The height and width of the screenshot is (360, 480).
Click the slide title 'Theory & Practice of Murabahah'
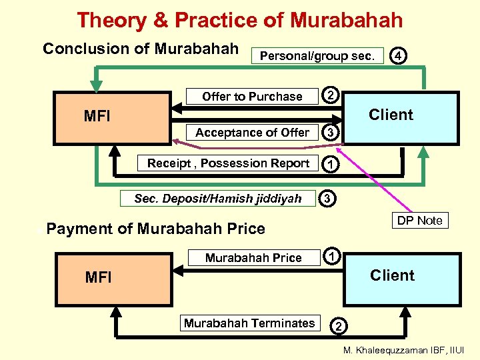(239, 20)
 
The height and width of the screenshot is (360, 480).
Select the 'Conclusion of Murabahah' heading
(140, 49)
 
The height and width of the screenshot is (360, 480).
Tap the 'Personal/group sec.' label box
(317, 56)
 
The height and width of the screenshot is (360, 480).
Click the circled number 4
(398, 56)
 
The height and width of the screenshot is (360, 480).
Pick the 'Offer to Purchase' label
(252, 97)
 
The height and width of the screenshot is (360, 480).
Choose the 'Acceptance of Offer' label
(252, 133)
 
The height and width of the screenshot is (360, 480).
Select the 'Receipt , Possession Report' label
(228, 163)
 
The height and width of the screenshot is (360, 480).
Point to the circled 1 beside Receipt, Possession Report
(329, 164)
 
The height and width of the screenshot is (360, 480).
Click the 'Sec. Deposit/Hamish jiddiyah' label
(217, 199)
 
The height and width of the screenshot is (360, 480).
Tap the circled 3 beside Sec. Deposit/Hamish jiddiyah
(327, 198)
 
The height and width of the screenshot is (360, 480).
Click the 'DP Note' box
(419, 221)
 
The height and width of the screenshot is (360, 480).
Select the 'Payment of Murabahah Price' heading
(156, 229)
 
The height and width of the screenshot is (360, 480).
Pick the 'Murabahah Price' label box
(253, 258)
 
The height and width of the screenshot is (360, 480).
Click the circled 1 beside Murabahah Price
(332, 255)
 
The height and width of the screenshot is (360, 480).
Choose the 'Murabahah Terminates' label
(249, 323)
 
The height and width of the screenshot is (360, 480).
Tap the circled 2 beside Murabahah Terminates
(338, 326)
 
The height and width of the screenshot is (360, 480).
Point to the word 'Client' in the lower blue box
(392, 275)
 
